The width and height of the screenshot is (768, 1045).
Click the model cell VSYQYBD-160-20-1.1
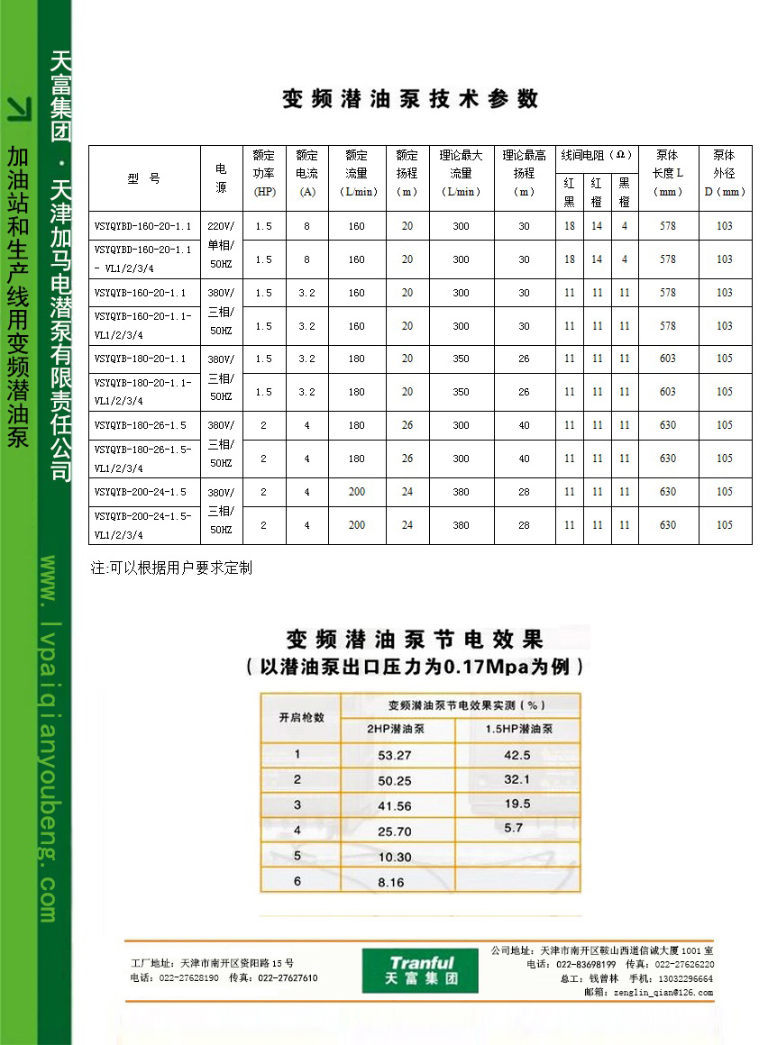pyautogui.click(x=142, y=226)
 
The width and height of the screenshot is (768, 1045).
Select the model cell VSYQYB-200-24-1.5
pyautogui.click(x=141, y=492)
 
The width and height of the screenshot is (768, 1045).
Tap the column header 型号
pyautogui.click(x=143, y=178)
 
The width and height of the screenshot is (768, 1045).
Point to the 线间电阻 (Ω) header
pyautogui.click(x=597, y=156)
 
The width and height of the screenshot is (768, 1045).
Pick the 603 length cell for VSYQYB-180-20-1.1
pyautogui.click(x=667, y=359)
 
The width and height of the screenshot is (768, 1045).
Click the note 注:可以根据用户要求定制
pyautogui.click(x=171, y=568)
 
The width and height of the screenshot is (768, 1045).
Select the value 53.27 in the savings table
pyautogui.click(x=395, y=755)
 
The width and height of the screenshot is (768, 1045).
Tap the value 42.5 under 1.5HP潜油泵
pyautogui.click(x=517, y=755)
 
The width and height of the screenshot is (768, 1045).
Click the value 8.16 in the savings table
pyautogui.click(x=391, y=883)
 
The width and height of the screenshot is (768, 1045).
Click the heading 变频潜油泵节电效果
pyautogui.click(x=415, y=641)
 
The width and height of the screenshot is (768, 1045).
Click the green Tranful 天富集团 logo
pyautogui.click(x=420, y=970)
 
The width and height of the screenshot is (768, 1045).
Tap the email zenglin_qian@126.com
pyautogui.click(x=663, y=993)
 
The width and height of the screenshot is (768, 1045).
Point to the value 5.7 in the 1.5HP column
pyautogui.click(x=514, y=827)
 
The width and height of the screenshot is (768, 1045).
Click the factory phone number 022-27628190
pyautogui.click(x=187, y=977)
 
